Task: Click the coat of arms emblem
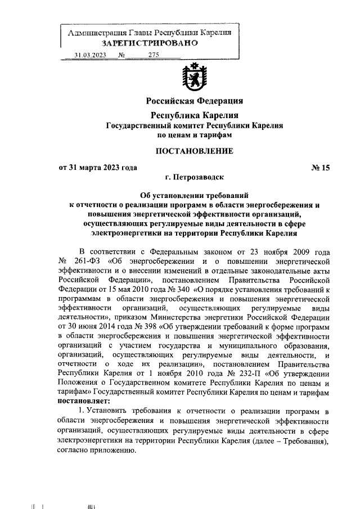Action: [195, 78]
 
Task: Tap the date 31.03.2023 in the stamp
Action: [90, 55]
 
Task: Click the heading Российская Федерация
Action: [195, 101]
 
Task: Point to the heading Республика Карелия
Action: [195, 115]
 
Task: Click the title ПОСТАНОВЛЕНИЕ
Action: [194, 151]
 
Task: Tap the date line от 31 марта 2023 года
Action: [98, 167]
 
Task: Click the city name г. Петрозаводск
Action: [194, 177]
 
